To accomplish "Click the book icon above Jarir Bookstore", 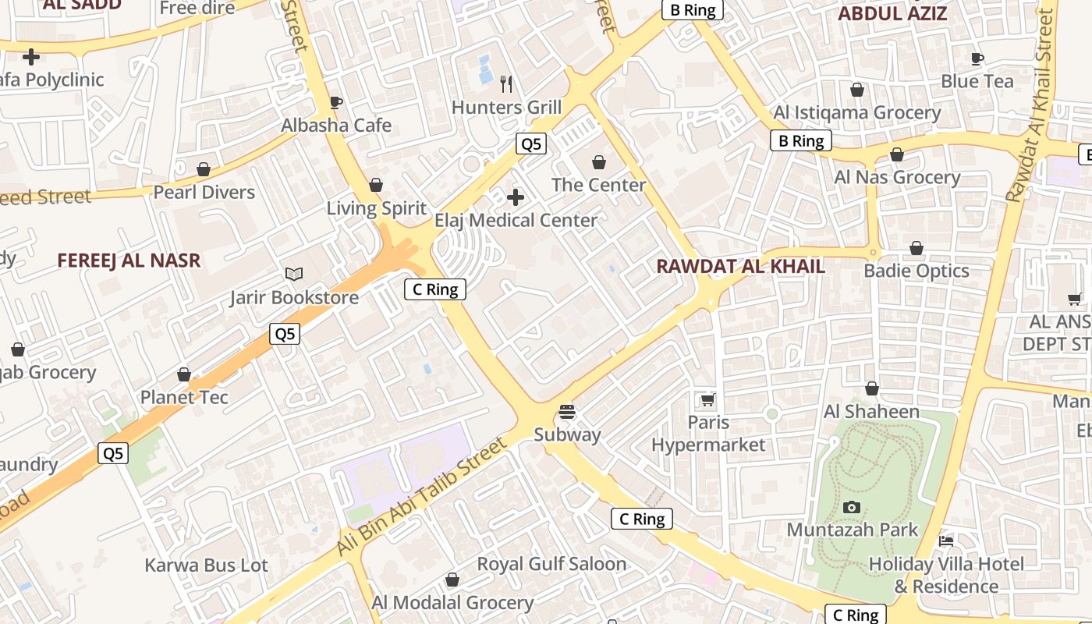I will [294, 274].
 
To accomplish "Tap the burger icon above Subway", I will [567, 411].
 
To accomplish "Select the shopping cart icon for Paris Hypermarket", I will [707, 400].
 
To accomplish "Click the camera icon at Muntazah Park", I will [852, 507].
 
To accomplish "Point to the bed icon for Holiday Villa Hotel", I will [946, 541].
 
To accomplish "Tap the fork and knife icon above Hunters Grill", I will [507, 83].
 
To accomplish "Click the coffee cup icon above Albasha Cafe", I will [336, 102].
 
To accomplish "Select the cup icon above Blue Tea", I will [977, 58].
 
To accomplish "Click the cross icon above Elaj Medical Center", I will [516, 197].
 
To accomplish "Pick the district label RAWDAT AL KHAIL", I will [740, 266].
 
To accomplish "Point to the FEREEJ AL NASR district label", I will [129, 261].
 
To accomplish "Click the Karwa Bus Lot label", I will [206, 565].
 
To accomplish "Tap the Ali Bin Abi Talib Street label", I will [422, 497].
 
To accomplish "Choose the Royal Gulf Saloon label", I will [551, 563].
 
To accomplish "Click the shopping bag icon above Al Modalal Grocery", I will [452, 580].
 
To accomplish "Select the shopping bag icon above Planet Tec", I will [184, 375].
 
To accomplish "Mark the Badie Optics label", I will [916, 271].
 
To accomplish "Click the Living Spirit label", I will [376, 208].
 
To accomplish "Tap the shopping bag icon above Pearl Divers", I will [204, 169].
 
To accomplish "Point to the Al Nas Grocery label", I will [897, 177].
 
